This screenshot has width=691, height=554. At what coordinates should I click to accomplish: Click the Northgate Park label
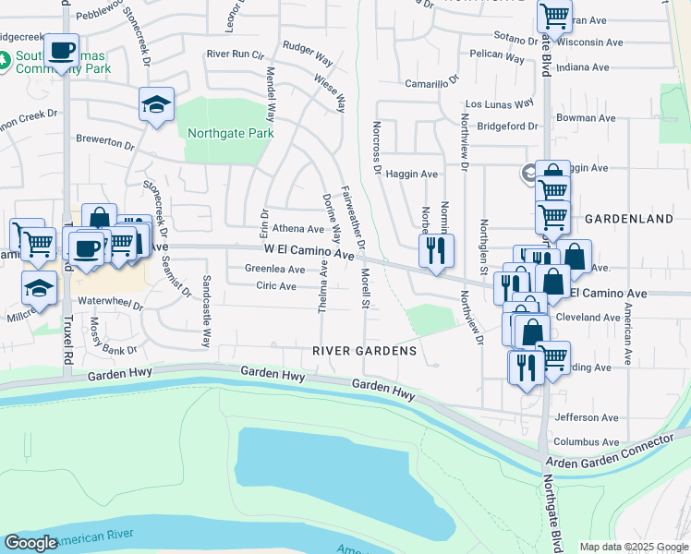(230, 134)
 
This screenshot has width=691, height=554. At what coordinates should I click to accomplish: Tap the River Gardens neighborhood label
(364, 352)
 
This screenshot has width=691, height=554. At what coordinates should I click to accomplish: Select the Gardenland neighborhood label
(628, 219)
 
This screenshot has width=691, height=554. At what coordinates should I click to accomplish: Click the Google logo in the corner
(30, 543)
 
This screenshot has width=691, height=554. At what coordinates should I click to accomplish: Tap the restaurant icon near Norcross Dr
(436, 249)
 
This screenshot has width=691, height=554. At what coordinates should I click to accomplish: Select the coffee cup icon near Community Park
(62, 50)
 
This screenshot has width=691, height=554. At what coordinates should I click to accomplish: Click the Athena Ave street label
(297, 229)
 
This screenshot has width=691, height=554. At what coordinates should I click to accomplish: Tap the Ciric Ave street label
(276, 286)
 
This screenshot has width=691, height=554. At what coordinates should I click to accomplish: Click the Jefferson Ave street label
(586, 417)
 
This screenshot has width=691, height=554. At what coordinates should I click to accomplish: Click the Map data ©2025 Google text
(635, 547)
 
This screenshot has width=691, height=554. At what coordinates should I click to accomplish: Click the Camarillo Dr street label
(432, 83)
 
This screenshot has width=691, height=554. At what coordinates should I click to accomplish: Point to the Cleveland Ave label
(591, 317)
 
